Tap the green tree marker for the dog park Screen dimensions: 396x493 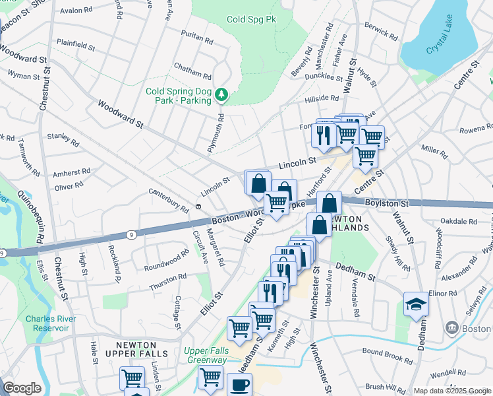pyautogui.click(x=221, y=96)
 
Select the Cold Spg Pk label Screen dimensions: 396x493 pyautogui.click(x=251, y=20)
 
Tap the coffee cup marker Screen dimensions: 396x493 pyautogui.click(x=239, y=384)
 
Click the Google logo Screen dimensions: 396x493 pyautogui.click(x=22, y=388)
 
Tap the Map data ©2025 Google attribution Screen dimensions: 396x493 pyautogui.click(x=451, y=391)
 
